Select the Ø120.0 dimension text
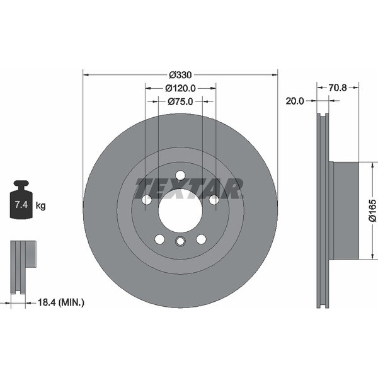click(180, 88)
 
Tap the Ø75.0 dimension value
click(180, 101)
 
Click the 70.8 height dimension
click(338, 88)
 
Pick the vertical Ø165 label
click(372, 210)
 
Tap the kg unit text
click(41, 205)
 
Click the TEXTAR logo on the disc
click(189, 188)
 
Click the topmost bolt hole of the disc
click(180, 175)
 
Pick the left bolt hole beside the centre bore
click(147, 200)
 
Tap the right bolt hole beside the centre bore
click(214, 200)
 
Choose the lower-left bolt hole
click(159, 239)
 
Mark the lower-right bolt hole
click(201, 239)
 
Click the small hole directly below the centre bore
click(180, 241)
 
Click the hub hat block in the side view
click(345, 210)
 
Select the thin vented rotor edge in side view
click(323, 210)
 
